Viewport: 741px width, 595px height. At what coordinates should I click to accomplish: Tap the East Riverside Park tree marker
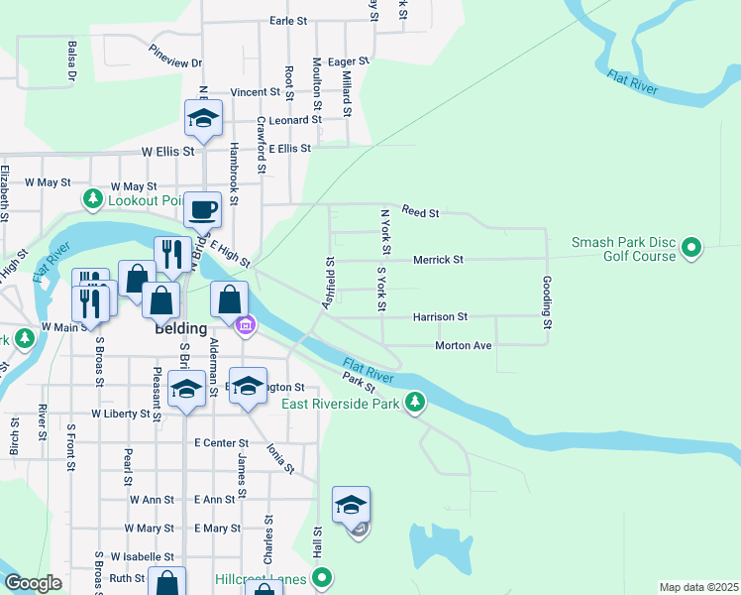tap(417, 403)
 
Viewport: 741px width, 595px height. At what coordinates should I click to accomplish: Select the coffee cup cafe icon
tap(203, 210)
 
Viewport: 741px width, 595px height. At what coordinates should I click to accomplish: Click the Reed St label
tap(420, 212)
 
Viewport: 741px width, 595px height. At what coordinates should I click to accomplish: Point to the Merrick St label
tap(438, 260)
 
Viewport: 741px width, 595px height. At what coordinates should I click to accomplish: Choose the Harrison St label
tap(440, 317)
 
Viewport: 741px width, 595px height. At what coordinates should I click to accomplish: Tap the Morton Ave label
tap(464, 346)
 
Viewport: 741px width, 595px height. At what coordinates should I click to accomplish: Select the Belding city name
tap(180, 328)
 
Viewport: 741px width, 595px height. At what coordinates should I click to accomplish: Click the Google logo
tap(34, 583)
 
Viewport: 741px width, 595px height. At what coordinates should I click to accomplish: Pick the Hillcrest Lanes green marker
tap(321, 576)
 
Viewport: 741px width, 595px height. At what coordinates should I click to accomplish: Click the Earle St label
tap(289, 20)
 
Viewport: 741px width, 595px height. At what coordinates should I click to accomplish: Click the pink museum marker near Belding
tap(245, 323)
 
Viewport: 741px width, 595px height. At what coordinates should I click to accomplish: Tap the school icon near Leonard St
tap(203, 118)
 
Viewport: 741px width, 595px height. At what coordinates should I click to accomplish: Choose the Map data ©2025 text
tap(698, 587)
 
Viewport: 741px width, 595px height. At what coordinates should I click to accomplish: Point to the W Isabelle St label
tap(143, 557)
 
